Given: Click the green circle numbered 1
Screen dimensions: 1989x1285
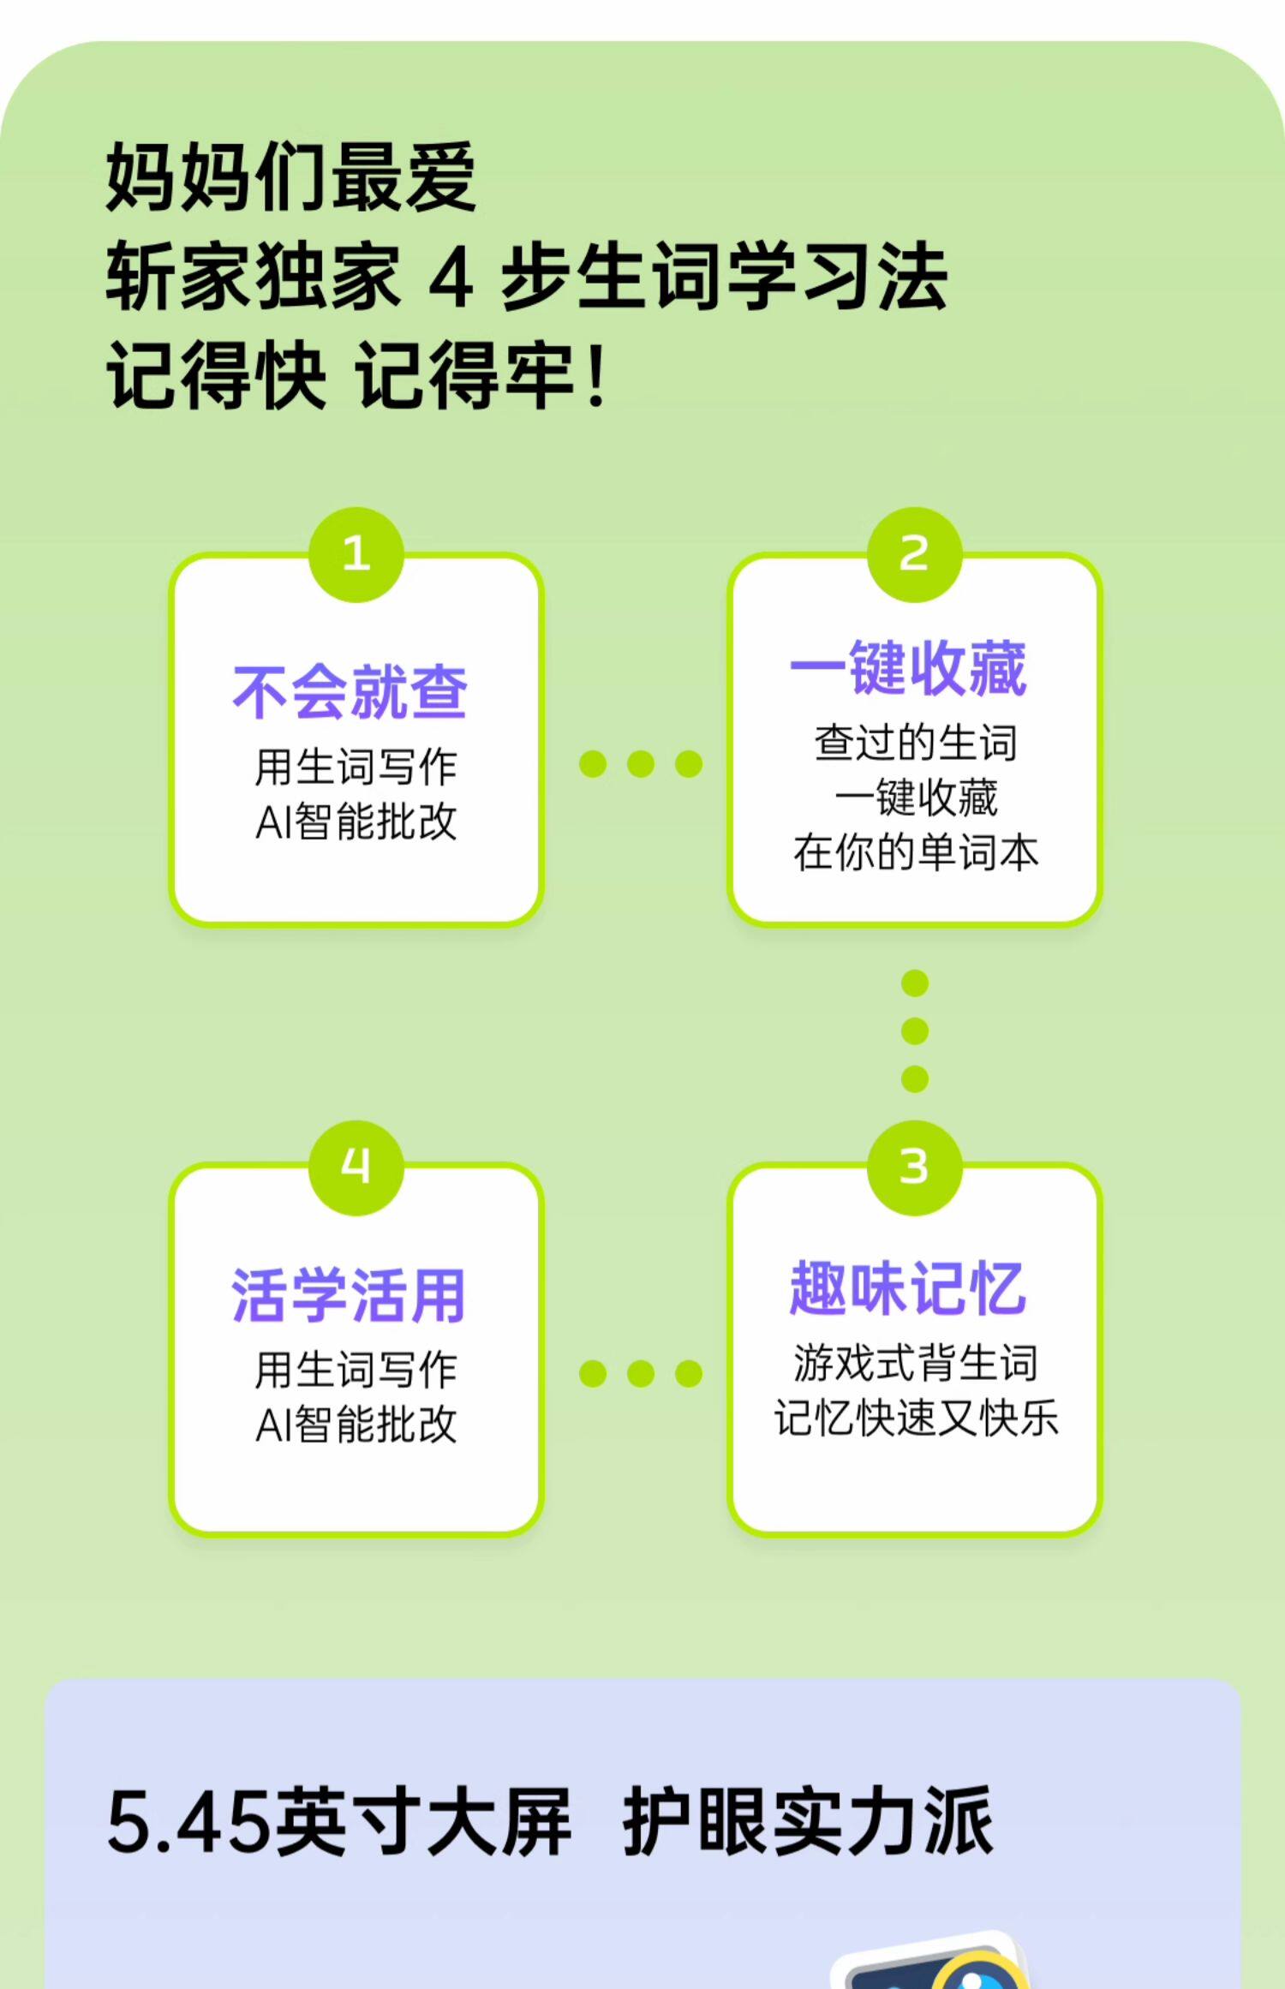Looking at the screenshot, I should pos(356,554).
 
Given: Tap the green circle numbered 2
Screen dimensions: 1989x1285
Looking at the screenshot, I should pos(914,554).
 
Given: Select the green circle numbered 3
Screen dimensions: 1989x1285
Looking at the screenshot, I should pos(914,1167).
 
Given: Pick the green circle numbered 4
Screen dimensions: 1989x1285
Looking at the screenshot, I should pos(356,1167).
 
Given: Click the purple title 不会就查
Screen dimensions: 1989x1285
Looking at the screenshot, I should pos(350,692).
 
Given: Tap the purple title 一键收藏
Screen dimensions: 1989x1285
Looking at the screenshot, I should pos(908,668).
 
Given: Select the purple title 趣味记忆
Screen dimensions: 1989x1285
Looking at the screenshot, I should pos(908,1287).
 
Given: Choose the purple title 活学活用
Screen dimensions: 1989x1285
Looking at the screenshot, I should pos(350,1295).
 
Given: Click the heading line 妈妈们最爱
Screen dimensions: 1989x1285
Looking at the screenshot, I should pos(291,177).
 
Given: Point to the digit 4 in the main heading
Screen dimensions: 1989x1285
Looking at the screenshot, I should pos(451,277).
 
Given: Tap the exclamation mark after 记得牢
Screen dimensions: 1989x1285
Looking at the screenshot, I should pos(597,375).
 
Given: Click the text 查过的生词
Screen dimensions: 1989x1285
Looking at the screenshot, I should pos(915,743).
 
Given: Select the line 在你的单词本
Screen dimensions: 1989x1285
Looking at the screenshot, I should pos(915,853).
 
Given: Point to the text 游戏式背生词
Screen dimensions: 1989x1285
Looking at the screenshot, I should pos(915,1363).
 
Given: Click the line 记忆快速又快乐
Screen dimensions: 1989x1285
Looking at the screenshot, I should pos(915,1419).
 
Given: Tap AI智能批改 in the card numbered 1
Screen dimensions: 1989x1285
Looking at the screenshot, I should pos(356,822).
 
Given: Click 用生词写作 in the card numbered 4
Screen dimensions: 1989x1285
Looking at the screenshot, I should pos(356,1369).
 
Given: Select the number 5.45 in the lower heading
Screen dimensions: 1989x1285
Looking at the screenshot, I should pos(187,1823).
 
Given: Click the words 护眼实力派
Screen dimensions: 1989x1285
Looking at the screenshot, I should pos(807,1823).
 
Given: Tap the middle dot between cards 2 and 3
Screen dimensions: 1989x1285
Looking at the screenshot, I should pos(915,1031).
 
